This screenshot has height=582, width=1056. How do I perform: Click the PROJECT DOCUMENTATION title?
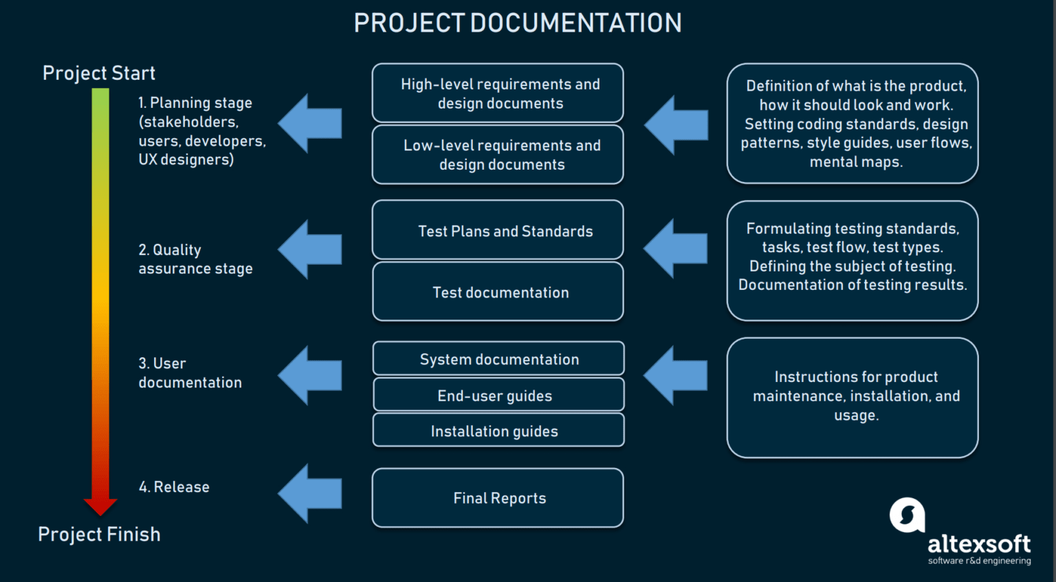(x=517, y=23)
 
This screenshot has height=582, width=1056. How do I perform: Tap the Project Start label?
(x=99, y=73)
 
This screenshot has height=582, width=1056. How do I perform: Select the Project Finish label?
(x=99, y=534)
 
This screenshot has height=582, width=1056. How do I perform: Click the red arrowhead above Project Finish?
(x=100, y=506)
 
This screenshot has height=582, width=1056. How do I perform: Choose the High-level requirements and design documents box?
(x=498, y=93)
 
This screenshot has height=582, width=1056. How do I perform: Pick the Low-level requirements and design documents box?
(x=498, y=155)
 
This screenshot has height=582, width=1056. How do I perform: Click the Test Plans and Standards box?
(x=498, y=231)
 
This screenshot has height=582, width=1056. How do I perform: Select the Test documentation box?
(x=498, y=292)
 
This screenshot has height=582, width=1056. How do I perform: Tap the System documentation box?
(x=498, y=359)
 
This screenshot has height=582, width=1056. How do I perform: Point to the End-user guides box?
(x=498, y=395)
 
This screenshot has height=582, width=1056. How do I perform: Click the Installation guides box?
(x=498, y=431)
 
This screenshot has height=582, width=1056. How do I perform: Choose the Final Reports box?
(x=498, y=498)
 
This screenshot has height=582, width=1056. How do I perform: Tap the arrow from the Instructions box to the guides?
(x=675, y=375)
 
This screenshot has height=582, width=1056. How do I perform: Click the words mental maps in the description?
(x=856, y=162)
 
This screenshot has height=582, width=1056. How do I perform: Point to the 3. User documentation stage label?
(x=190, y=372)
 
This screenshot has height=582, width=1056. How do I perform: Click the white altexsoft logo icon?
(x=907, y=515)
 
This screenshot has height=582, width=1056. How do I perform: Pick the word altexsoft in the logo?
(x=979, y=544)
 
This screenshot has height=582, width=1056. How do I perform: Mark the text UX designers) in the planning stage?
(x=186, y=159)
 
